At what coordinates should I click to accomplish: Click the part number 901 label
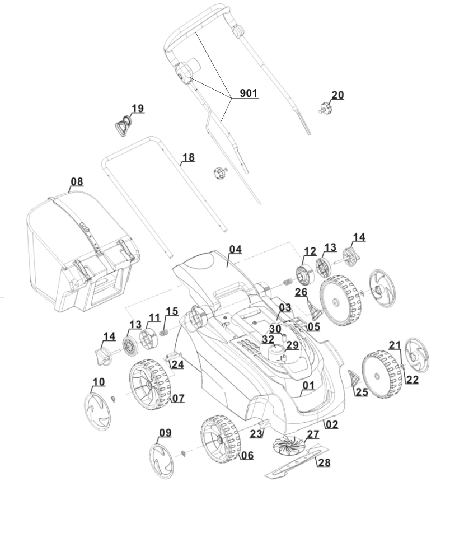[249, 93]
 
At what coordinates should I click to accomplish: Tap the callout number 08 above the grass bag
[77, 181]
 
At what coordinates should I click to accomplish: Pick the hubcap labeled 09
[162, 459]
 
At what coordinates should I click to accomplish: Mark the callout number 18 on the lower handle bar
[189, 157]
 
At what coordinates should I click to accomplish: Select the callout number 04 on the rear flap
[235, 249]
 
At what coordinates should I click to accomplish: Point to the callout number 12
[310, 250]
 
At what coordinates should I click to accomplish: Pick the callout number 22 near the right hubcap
[412, 380]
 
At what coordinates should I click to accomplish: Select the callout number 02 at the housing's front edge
[332, 424]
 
